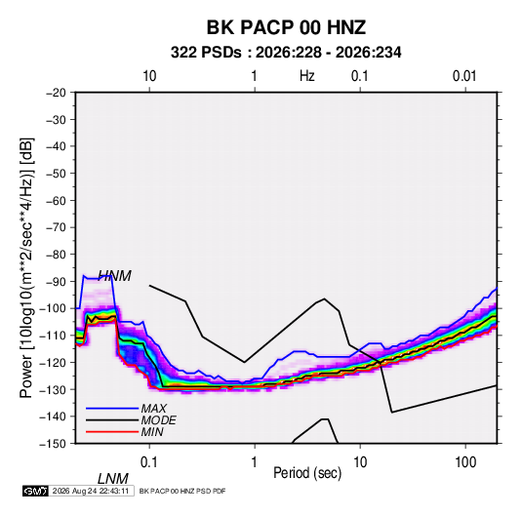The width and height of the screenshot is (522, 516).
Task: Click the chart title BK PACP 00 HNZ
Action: point(286,27)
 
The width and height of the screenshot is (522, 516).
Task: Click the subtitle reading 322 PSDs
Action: point(206,53)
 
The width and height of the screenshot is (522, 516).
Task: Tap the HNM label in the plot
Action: point(114,276)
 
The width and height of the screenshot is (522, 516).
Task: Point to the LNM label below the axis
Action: point(113,479)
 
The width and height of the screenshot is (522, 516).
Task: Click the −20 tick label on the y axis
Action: point(56,93)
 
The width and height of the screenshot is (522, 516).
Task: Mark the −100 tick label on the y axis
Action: point(53,308)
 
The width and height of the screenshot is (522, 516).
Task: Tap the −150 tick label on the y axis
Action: point(53,444)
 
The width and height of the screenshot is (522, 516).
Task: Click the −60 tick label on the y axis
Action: point(56,200)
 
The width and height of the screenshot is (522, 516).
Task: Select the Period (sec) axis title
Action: point(307,473)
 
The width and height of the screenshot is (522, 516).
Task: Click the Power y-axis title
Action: point(26,267)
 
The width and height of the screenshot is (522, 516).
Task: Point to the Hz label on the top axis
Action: point(307,76)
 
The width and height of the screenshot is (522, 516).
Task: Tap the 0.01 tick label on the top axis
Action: point(464,76)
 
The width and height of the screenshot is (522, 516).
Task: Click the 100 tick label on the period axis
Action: point(465,462)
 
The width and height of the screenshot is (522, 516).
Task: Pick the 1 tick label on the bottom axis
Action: point(254,462)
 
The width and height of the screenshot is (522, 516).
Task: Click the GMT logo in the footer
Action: point(36,491)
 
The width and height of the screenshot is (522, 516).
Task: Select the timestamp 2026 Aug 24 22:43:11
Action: point(91,491)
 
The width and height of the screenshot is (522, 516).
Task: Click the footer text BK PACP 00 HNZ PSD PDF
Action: point(182,491)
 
